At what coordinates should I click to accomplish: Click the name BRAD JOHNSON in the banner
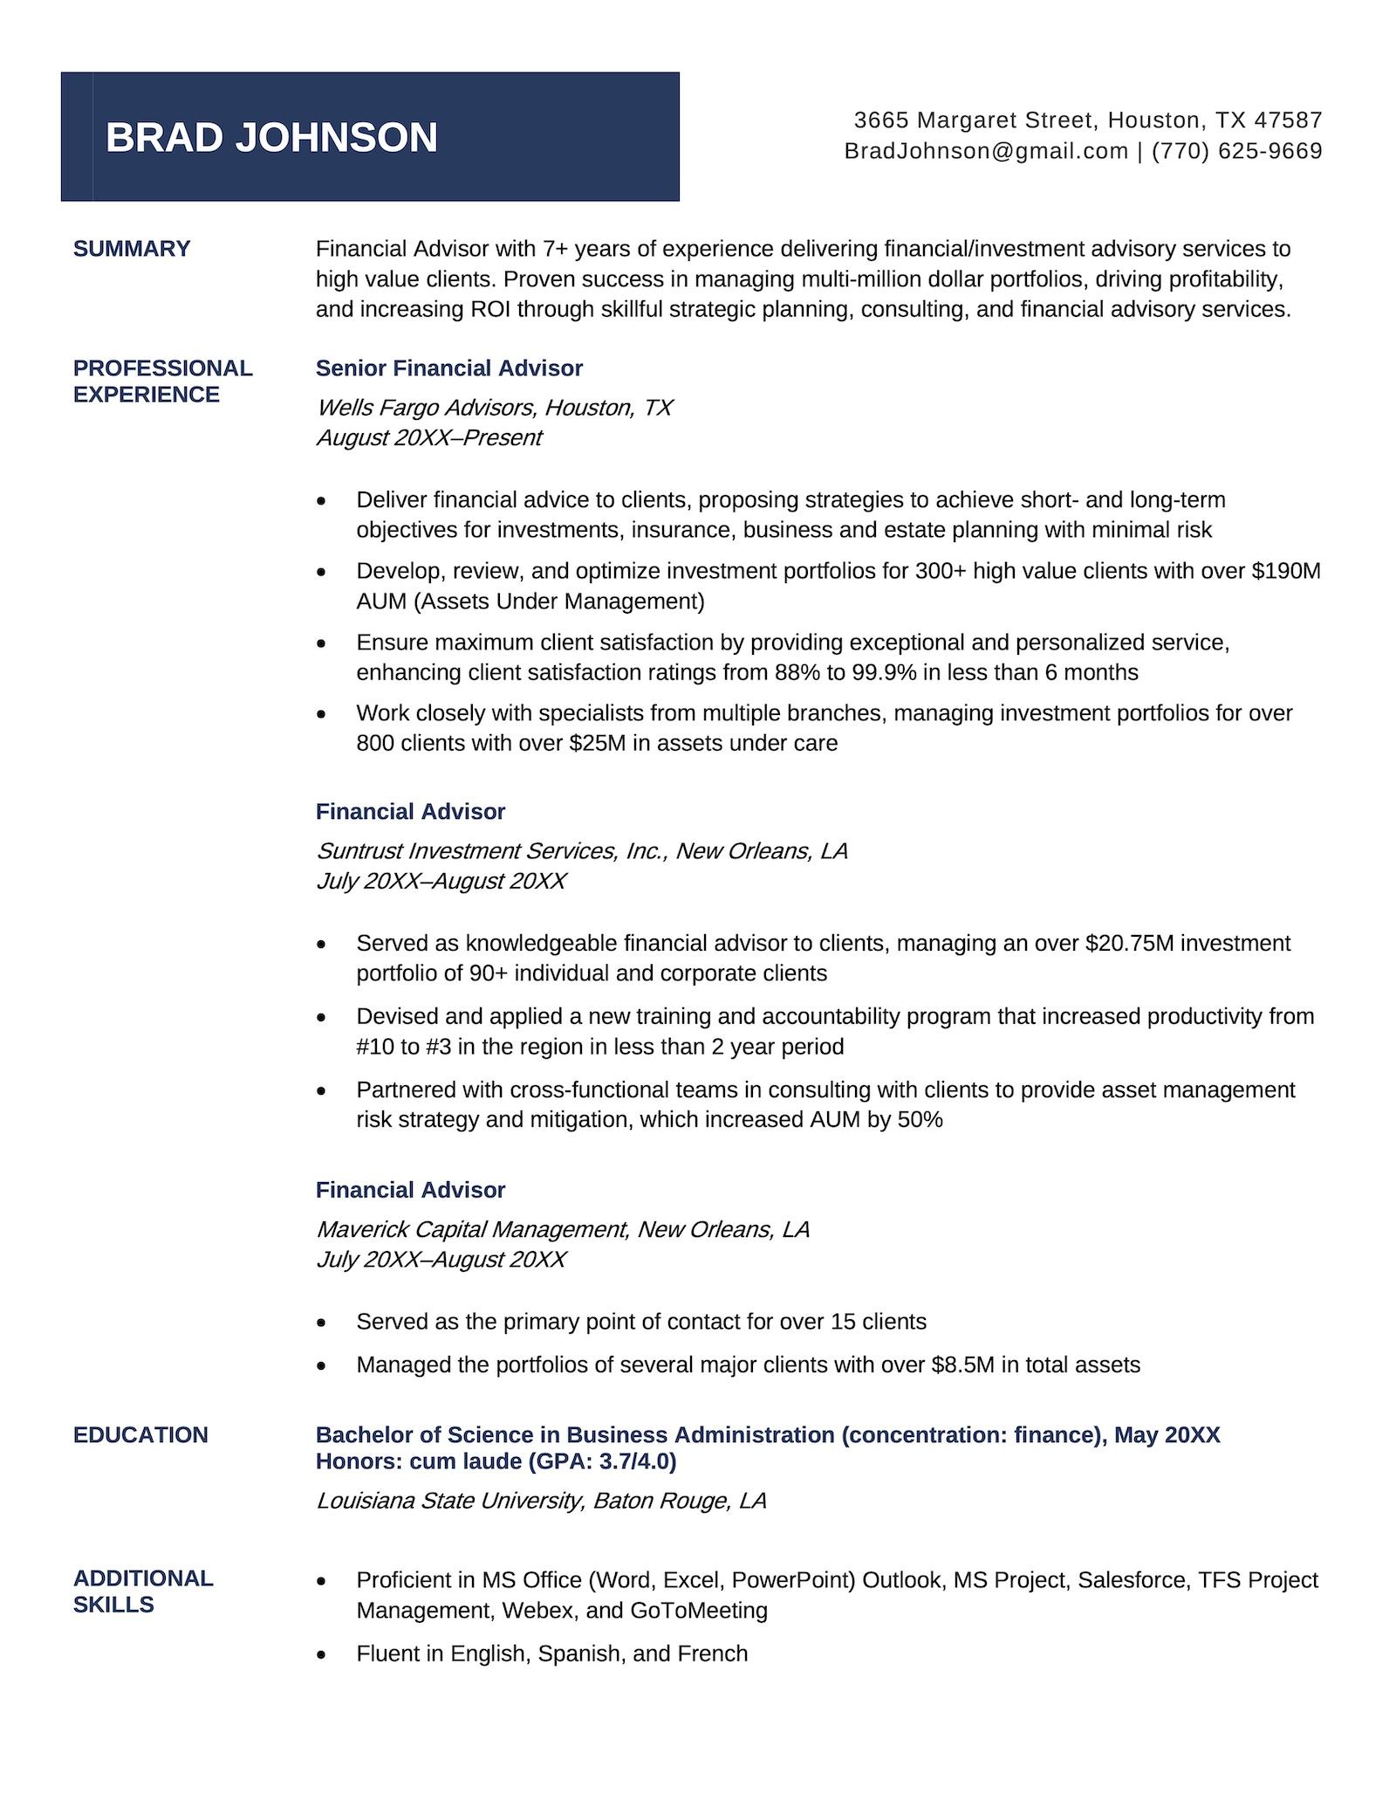[x=271, y=138]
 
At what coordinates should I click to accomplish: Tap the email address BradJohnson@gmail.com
[x=986, y=151]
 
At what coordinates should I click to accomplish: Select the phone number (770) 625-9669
[x=1236, y=151]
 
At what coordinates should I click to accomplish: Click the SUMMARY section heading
[x=132, y=249]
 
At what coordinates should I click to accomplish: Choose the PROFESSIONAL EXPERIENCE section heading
[x=162, y=382]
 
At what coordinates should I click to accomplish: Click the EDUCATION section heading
[x=140, y=1435]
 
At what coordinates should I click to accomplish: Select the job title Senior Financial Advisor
[x=448, y=368]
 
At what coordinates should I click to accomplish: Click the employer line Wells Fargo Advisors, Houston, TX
[x=494, y=408]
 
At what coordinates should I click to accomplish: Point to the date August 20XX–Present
[x=428, y=437]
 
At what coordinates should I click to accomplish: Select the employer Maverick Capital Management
[x=471, y=1229]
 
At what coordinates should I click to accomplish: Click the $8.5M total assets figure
[x=962, y=1365]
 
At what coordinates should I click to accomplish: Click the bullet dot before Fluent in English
[x=322, y=1654]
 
